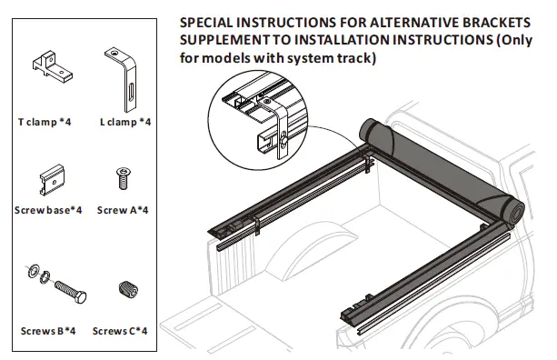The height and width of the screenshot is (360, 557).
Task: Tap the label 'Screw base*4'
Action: pos(48,210)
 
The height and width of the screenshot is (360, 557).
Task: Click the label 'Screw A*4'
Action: pos(123,210)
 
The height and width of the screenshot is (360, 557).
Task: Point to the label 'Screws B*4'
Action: pos(48,331)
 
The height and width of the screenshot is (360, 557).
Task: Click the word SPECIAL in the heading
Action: pos(211,21)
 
